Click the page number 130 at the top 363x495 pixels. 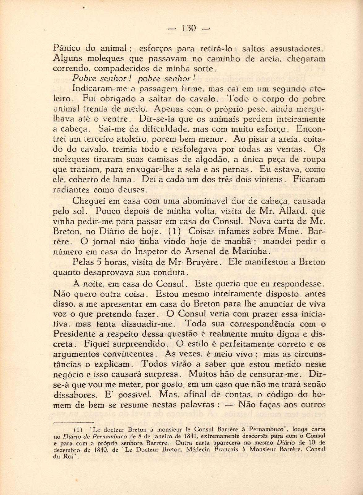point(189,28)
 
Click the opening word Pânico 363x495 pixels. point(67,48)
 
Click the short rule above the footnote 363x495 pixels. point(74,422)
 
